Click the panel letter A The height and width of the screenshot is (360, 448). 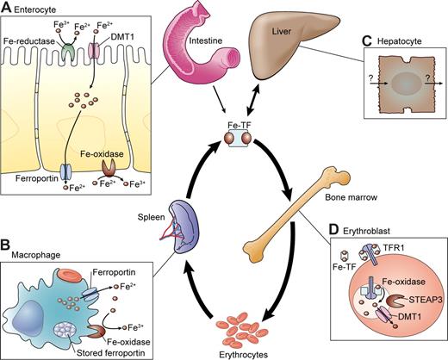coord(8,9)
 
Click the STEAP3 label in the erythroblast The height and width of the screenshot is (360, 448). coord(417,301)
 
